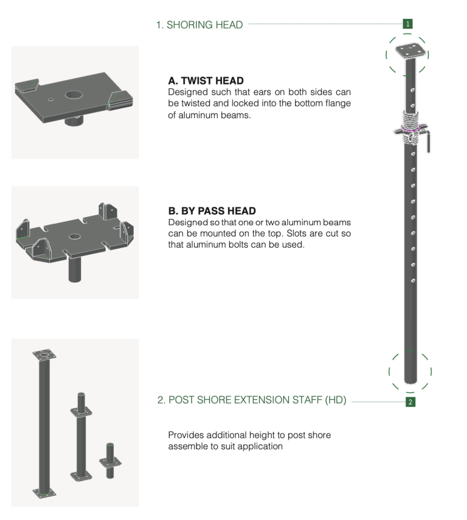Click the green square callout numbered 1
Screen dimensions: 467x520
[407, 24]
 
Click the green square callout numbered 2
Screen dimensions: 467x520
[410, 402]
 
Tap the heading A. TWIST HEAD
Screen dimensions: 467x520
[206, 81]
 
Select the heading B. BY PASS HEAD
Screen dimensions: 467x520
[212, 211]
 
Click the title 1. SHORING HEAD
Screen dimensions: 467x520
[199, 25]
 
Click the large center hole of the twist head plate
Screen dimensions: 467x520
[74, 95]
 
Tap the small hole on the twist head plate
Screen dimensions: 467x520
[50, 99]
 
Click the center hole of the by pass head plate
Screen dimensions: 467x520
[74, 237]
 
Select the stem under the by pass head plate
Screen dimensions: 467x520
[75, 269]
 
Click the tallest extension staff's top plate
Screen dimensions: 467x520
[44, 356]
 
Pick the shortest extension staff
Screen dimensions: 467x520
[110, 461]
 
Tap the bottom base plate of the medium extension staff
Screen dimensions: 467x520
[81, 476]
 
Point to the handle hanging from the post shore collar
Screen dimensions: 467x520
[428, 142]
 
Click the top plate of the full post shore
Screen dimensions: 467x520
[410, 51]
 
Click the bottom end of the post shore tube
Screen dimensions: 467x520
[410, 381]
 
